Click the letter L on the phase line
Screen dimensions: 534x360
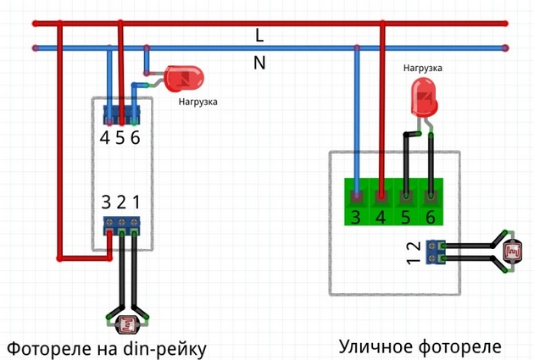pos(259,36)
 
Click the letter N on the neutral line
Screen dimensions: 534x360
pos(259,63)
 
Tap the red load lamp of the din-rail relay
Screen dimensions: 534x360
pos(184,79)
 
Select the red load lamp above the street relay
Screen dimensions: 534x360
pos(424,98)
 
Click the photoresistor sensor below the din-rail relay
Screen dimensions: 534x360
pos(127,324)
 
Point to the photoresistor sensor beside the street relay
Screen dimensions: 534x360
pos(513,252)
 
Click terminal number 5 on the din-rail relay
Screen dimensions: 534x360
pos(120,137)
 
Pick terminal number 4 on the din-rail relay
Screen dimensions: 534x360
pos(104,137)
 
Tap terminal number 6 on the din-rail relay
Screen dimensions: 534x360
pos(136,137)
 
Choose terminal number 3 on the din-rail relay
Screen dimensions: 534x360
pos(106,202)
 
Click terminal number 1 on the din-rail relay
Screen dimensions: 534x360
pos(136,202)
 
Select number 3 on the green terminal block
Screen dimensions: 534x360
pos(356,217)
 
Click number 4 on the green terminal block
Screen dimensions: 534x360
pos(381,217)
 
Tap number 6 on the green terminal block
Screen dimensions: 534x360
pos(431,217)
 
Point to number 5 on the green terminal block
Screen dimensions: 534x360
pos(406,217)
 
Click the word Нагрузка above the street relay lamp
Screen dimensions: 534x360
pos(423,68)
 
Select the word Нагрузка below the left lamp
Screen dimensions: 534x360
pos(197,102)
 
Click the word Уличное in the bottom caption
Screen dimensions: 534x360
pos(376,346)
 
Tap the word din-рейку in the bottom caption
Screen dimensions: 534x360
pos(164,349)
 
